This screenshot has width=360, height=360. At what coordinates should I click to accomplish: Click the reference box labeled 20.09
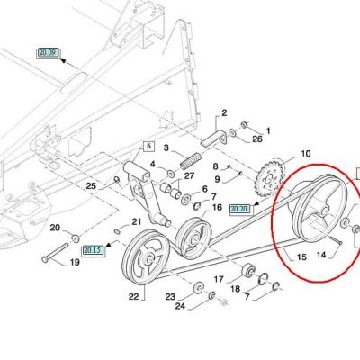point(49,53)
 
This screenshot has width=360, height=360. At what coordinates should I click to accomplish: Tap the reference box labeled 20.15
point(94,250)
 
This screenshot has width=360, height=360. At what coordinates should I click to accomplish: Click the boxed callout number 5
point(149,147)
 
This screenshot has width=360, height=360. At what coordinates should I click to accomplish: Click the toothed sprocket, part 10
point(270,181)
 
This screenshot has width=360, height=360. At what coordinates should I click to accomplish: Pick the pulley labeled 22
point(146,257)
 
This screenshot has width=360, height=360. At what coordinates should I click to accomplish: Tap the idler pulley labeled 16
point(193,238)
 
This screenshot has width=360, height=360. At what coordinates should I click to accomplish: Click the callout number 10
point(305,154)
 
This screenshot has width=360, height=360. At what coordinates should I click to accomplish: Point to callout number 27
point(189,175)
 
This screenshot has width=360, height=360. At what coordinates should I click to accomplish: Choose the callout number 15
point(301,257)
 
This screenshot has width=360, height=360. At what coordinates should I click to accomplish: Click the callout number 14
point(321,255)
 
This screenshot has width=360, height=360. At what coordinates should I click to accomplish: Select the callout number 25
point(91,185)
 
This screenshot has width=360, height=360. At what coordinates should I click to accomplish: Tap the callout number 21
point(137,221)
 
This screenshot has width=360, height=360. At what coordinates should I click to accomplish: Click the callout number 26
point(257,139)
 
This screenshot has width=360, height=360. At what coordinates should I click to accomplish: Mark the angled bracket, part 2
point(214,137)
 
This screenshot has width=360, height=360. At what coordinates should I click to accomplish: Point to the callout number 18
point(236,289)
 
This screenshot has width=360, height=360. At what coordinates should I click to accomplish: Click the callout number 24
point(180,306)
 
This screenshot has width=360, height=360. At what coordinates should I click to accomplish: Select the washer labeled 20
point(75,238)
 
